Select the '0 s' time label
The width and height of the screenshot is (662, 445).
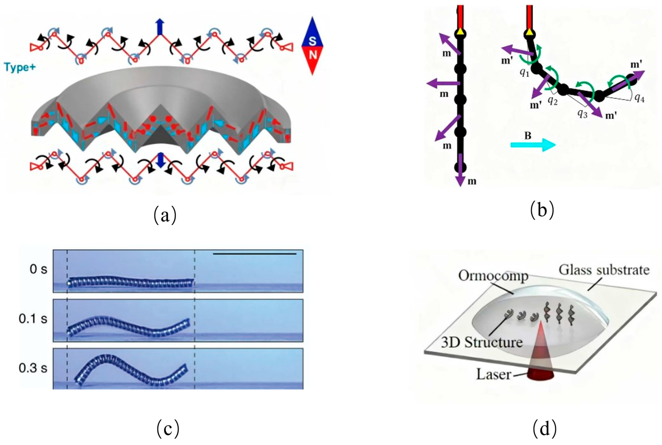[x=38, y=269]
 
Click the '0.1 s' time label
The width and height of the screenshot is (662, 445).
[x=33, y=319]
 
